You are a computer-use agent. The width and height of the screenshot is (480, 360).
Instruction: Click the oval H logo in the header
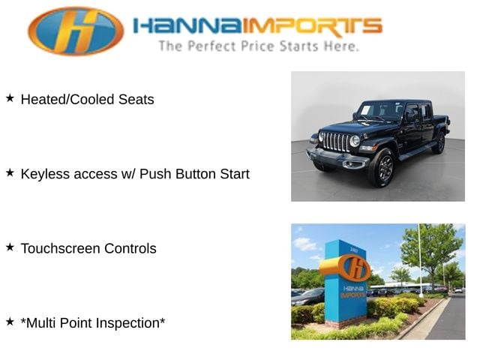pyautogui.click(x=76, y=31)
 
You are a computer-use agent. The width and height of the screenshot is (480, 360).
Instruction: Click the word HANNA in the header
pyautogui.click(x=188, y=25)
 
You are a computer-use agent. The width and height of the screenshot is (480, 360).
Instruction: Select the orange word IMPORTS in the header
pyautogui.click(x=313, y=26)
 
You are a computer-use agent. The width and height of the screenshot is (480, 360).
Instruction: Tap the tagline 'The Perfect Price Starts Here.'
pyautogui.click(x=259, y=46)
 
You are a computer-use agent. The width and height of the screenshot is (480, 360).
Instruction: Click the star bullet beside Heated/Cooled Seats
pyautogui.click(x=10, y=98)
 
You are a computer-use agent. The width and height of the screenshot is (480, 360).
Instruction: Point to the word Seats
pyautogui.click(x=136, y=100)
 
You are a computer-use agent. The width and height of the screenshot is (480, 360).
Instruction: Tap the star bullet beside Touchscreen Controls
pyautogui.click(x=10, y=247)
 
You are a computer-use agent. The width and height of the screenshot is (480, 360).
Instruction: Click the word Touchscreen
pyautogui.click(x=60, y=248)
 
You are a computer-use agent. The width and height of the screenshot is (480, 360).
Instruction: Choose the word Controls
pyautogui.click(x=130, y=248)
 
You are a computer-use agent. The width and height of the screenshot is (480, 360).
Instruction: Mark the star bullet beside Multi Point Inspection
pyautogui.click(x=10, y=322)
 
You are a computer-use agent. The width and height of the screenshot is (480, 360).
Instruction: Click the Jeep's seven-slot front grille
pyautogui.click(x=336, y=142)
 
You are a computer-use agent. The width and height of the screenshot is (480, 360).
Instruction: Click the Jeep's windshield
pyautogui.click(x=381, y=110)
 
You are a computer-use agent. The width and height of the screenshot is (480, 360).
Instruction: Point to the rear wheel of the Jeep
pyautogui.click(x=439, y=143)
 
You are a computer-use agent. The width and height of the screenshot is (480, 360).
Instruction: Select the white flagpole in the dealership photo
pyautogui.click(x=420, y=260)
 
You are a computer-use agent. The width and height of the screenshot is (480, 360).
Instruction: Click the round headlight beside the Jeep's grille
pyautogui.click(x=355, y=141)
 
